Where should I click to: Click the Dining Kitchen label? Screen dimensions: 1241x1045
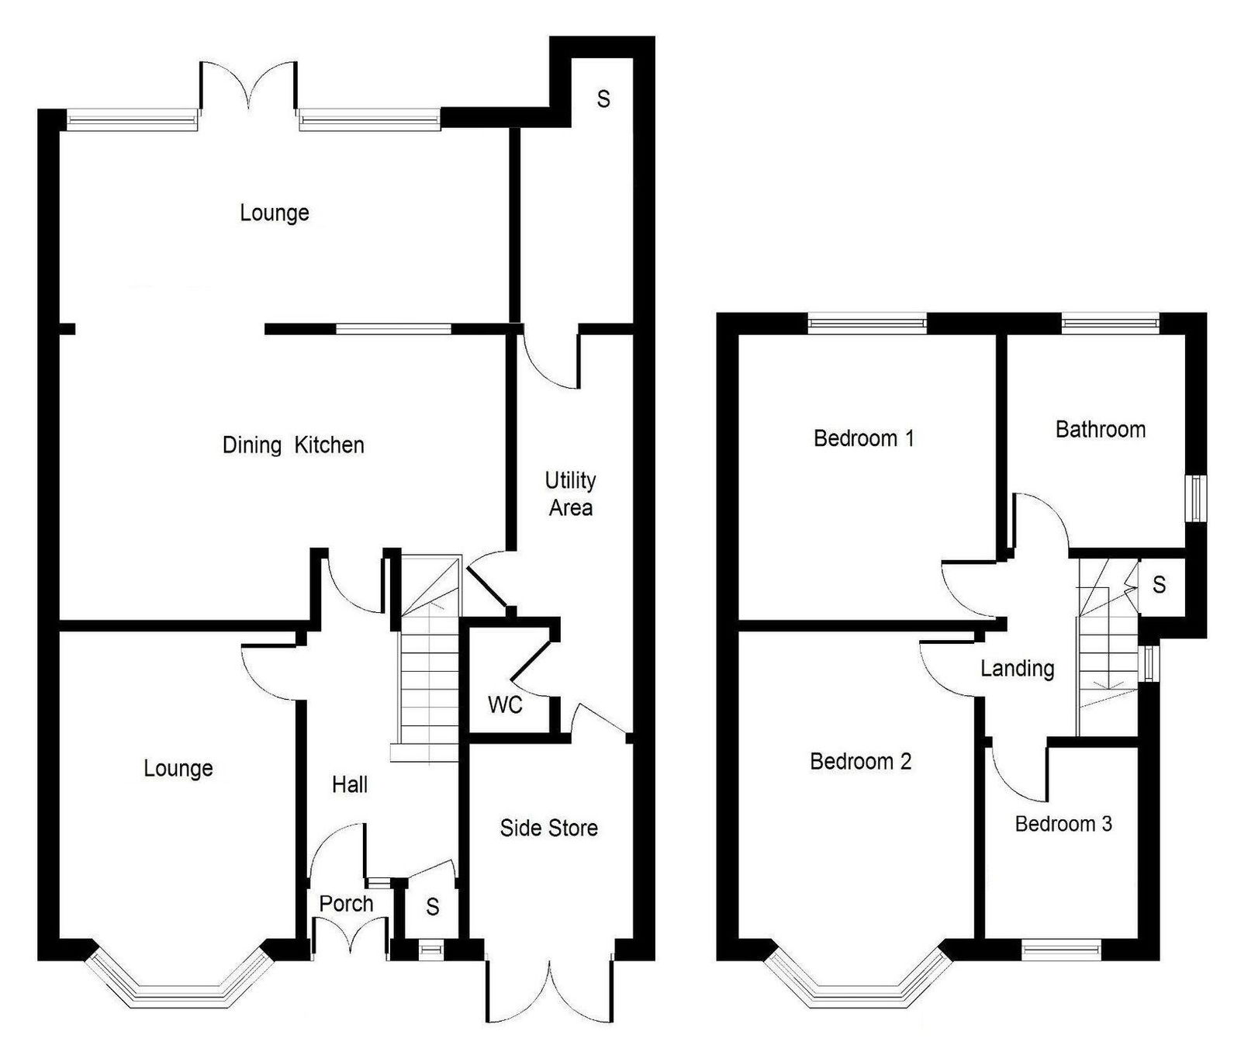[x=293, y=445]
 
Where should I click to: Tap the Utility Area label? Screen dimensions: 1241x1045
[x=571, y=494]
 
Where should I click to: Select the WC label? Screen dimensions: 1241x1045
[x=505, y=705]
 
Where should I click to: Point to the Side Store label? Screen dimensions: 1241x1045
[x=548, y=829]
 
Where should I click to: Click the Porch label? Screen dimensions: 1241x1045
[x=346, y=904]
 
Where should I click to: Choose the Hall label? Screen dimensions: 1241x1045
[x=350, y=785]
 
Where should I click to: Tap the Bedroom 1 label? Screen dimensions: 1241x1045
[x=864, y=438]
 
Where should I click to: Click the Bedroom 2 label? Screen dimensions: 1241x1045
[x=861, y=762]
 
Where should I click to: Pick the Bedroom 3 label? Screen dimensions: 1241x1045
[x=1063, y=824]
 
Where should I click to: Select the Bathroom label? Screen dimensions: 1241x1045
[x=1101, y=430]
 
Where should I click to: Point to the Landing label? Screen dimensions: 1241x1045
[x=1017, y=669]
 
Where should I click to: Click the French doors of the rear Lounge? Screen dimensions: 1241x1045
[x=248, y=85]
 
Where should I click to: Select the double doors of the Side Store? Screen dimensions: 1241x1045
[x=550, y=989]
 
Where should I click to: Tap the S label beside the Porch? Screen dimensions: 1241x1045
[x=433, y=906]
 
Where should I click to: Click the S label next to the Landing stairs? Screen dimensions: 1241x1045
[x=1159, y=584]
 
